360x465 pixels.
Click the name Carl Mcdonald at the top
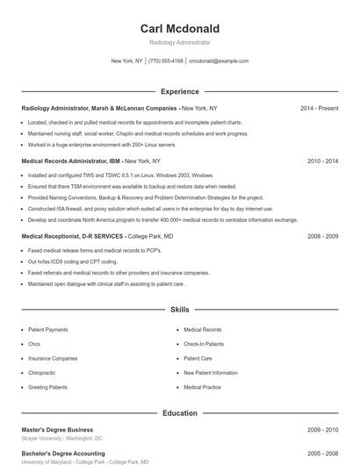point(179,28)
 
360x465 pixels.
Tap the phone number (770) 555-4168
point(166,61)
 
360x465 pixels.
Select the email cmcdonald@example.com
point(219,61)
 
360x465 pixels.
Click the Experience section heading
point(179,91)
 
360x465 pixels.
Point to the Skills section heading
point(179,310)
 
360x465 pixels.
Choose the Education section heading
point(179,412)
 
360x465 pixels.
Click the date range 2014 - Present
point(319,108)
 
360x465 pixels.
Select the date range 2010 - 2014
point(322,161)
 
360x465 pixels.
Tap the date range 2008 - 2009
point(322,236)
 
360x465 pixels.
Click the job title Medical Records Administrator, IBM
point(71,161)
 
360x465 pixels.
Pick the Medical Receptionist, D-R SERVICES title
point(72,236)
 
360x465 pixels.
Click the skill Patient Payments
point(48,330)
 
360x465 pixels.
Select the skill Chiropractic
point(42,373)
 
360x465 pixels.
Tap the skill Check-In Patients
point(205,344)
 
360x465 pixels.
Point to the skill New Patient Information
point(210,373)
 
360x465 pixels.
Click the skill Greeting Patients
point(49,387)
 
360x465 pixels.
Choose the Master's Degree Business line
point(57,430)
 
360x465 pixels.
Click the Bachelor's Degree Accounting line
point(62,454)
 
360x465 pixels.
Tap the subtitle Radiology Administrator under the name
point(179,42)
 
